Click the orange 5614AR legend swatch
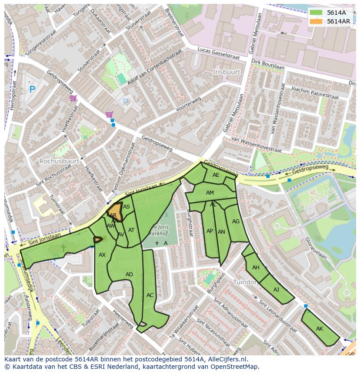coord(316,21)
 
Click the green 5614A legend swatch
coord(316,13)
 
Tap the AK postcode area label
coord(320,329)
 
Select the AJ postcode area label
coord(276,289)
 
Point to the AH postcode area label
coord(256,268)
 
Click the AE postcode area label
coord(216,175)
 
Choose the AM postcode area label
coord(210,193)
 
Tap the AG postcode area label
coord(236,221)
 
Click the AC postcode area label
coord(150,295)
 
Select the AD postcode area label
coord(129,275)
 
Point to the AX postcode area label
coord(102,255)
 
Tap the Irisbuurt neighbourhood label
coord(226,71)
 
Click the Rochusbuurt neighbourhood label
coord(59,161)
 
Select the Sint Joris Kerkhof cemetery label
coord(158,230)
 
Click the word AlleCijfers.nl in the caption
coord(227,360)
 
